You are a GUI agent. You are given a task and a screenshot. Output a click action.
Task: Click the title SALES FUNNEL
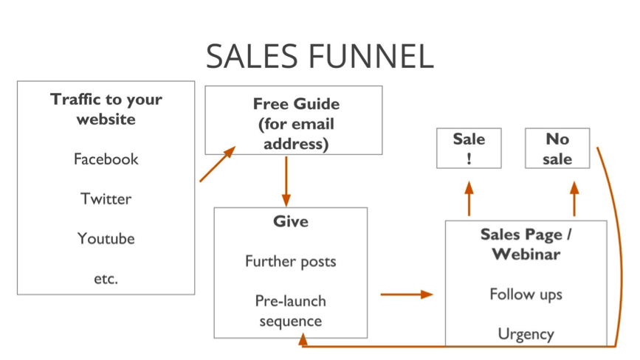click(x=319, y=57)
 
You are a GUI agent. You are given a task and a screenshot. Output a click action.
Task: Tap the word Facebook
click(x=106, y=159)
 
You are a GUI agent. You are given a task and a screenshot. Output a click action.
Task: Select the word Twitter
click(x=106, y=198)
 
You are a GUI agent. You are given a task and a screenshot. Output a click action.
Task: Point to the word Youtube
click(x=106, y=238)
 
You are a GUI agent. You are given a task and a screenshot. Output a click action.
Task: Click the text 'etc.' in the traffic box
click(x=106, y=278)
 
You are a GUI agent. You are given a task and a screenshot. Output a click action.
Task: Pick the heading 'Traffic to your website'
click(x=106, y=108)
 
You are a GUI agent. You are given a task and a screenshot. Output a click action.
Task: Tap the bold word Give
click(x=290, y=221)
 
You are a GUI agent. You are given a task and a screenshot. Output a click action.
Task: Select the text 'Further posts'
click(x=290, y=261)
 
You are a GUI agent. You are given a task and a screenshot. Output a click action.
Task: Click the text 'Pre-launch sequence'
click(x=290, y=311)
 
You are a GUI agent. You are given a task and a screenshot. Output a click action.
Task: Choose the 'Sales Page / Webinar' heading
click(x=526, y=244)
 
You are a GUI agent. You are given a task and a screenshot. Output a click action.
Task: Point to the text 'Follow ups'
click(x=526, y=294)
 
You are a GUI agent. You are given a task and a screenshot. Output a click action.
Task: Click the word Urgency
click(x=526, y=333)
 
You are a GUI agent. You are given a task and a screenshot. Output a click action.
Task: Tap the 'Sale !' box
click(x=469, y=148)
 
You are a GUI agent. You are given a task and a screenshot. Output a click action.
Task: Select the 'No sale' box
click(x=558, y=148)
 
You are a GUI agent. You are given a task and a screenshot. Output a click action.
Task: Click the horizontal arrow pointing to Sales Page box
click(x=406, y=294)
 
